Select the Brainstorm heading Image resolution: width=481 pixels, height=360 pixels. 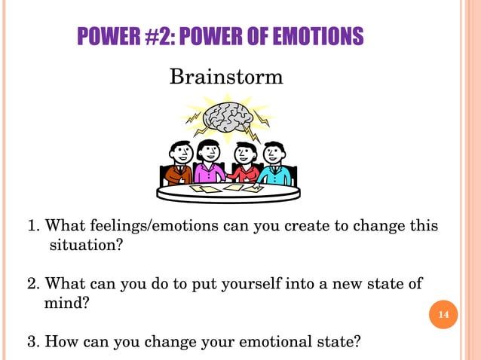point(226,77)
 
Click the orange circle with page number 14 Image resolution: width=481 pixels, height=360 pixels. point(443,313)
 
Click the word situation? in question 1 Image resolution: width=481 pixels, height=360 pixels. point(86,245)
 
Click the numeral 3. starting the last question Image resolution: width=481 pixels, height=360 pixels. point(33,341)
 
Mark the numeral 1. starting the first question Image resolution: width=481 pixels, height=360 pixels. point(33,227)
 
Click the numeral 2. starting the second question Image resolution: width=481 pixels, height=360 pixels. point(33,284)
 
